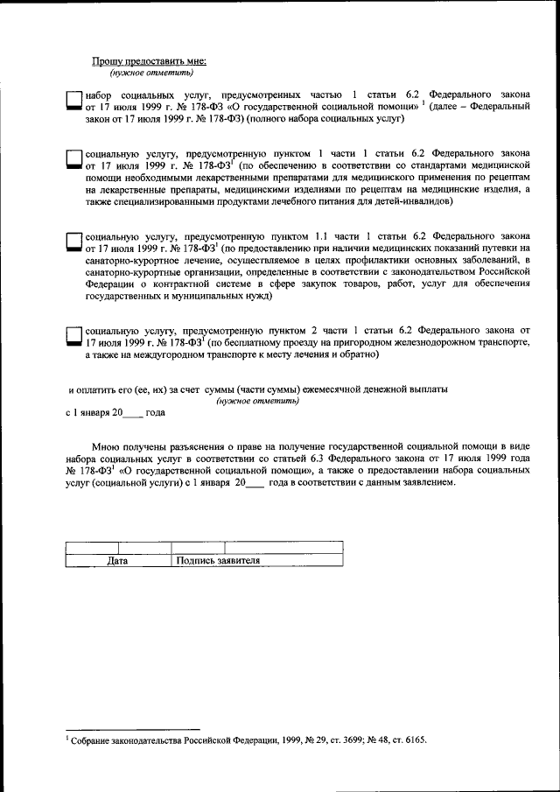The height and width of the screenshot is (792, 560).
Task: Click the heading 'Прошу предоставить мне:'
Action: tap(149, 60)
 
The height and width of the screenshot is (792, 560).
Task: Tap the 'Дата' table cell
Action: tap(117, 561)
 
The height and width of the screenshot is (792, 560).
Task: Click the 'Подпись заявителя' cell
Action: tap(218, 561)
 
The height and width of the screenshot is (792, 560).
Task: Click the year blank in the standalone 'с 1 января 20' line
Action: tap(134, 412)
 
